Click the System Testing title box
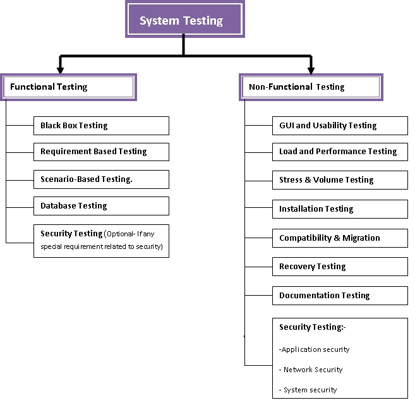click(181, 20)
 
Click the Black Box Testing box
click(101, 125)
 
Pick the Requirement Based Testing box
click(101, 152)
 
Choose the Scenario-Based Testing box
click(101, 179)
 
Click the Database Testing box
click(101, 206)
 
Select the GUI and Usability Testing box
click(340, 125)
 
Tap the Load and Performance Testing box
click(340, 152)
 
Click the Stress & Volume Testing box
click(340, 179)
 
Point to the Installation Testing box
click(340, 209)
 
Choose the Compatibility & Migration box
click(340, 238)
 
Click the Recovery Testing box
click(340, 266)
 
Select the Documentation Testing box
click(340, 295)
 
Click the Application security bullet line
click(315, 349)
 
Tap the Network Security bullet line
click(311, 370)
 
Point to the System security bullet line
click(308, 390)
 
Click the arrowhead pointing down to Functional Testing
click(60, 68)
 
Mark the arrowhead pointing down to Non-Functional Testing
click(310, 68)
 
